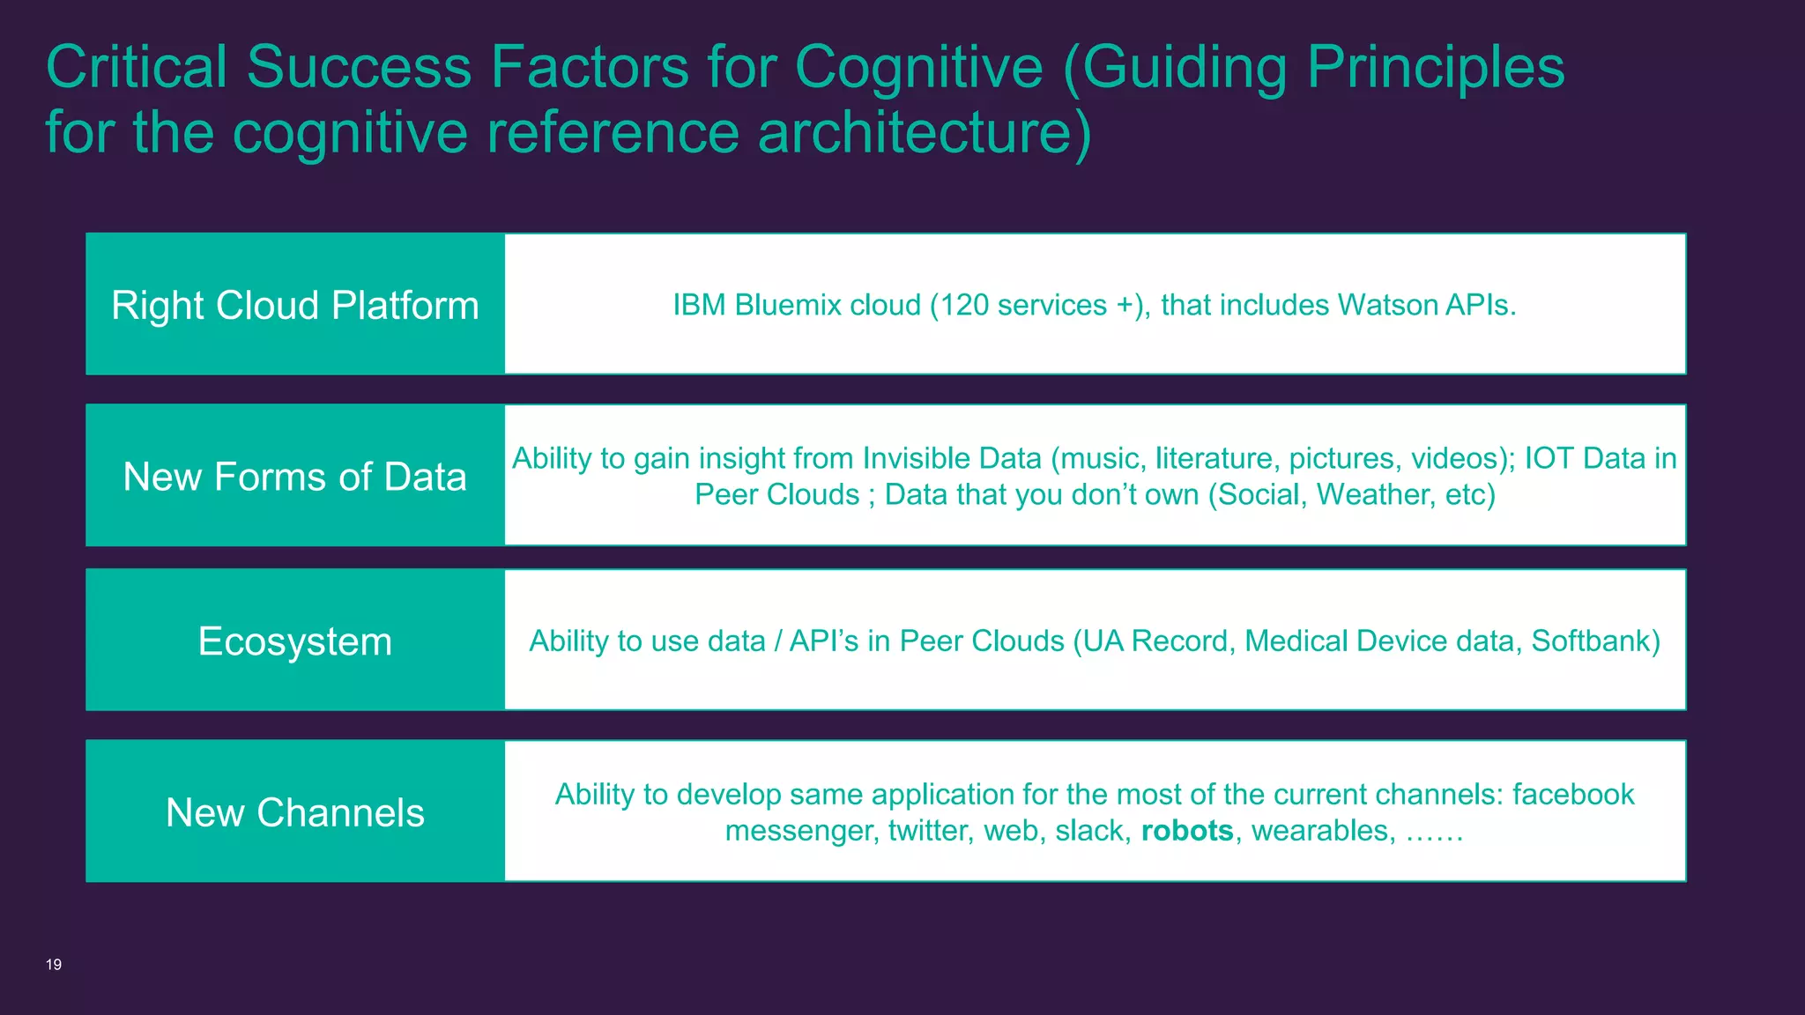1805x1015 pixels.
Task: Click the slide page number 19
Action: [54, 965]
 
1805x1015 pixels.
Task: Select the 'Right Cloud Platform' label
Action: [295, 306]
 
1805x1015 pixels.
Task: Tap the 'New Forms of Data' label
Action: [295, 477]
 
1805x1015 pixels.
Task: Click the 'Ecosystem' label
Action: [295, 641]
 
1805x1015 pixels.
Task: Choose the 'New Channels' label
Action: [295, 812]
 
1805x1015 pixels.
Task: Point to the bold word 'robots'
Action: [1187, 831]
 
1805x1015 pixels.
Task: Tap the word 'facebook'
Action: [1573, 795]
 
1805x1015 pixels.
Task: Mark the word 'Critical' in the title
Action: [137, 67]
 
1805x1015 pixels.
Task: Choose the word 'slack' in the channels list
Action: [1088, 831]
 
